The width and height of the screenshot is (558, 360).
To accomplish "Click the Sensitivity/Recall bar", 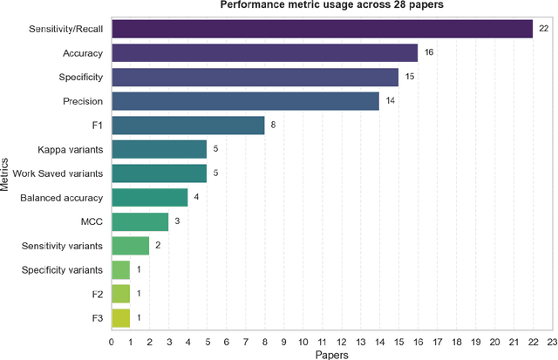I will click(x=322, y=29).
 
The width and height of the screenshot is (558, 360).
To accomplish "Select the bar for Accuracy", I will click(x=264, y=53).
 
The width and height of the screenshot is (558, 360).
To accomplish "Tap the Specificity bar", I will click(x=255, y=78).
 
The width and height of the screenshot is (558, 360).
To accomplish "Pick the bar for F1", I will click(x=187, y=126).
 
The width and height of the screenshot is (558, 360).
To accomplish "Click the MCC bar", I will click(x=139, y=221).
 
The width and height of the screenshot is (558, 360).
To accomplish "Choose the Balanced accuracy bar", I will click(x=149, y=198).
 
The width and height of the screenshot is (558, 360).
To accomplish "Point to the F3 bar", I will click(x=120, y=318).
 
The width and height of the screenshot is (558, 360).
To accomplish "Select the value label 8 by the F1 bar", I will click(x=273, y=126).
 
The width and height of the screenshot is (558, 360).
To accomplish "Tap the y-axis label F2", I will click(x=98, y=294).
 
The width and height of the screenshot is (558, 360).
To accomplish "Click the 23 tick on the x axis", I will click(x=551, y=343).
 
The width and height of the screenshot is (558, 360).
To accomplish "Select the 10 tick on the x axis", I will click(x=303, y=343).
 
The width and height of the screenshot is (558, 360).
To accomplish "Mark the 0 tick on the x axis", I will click(x=112, y=343).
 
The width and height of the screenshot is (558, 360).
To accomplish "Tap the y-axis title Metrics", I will click(x=7, y=173).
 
